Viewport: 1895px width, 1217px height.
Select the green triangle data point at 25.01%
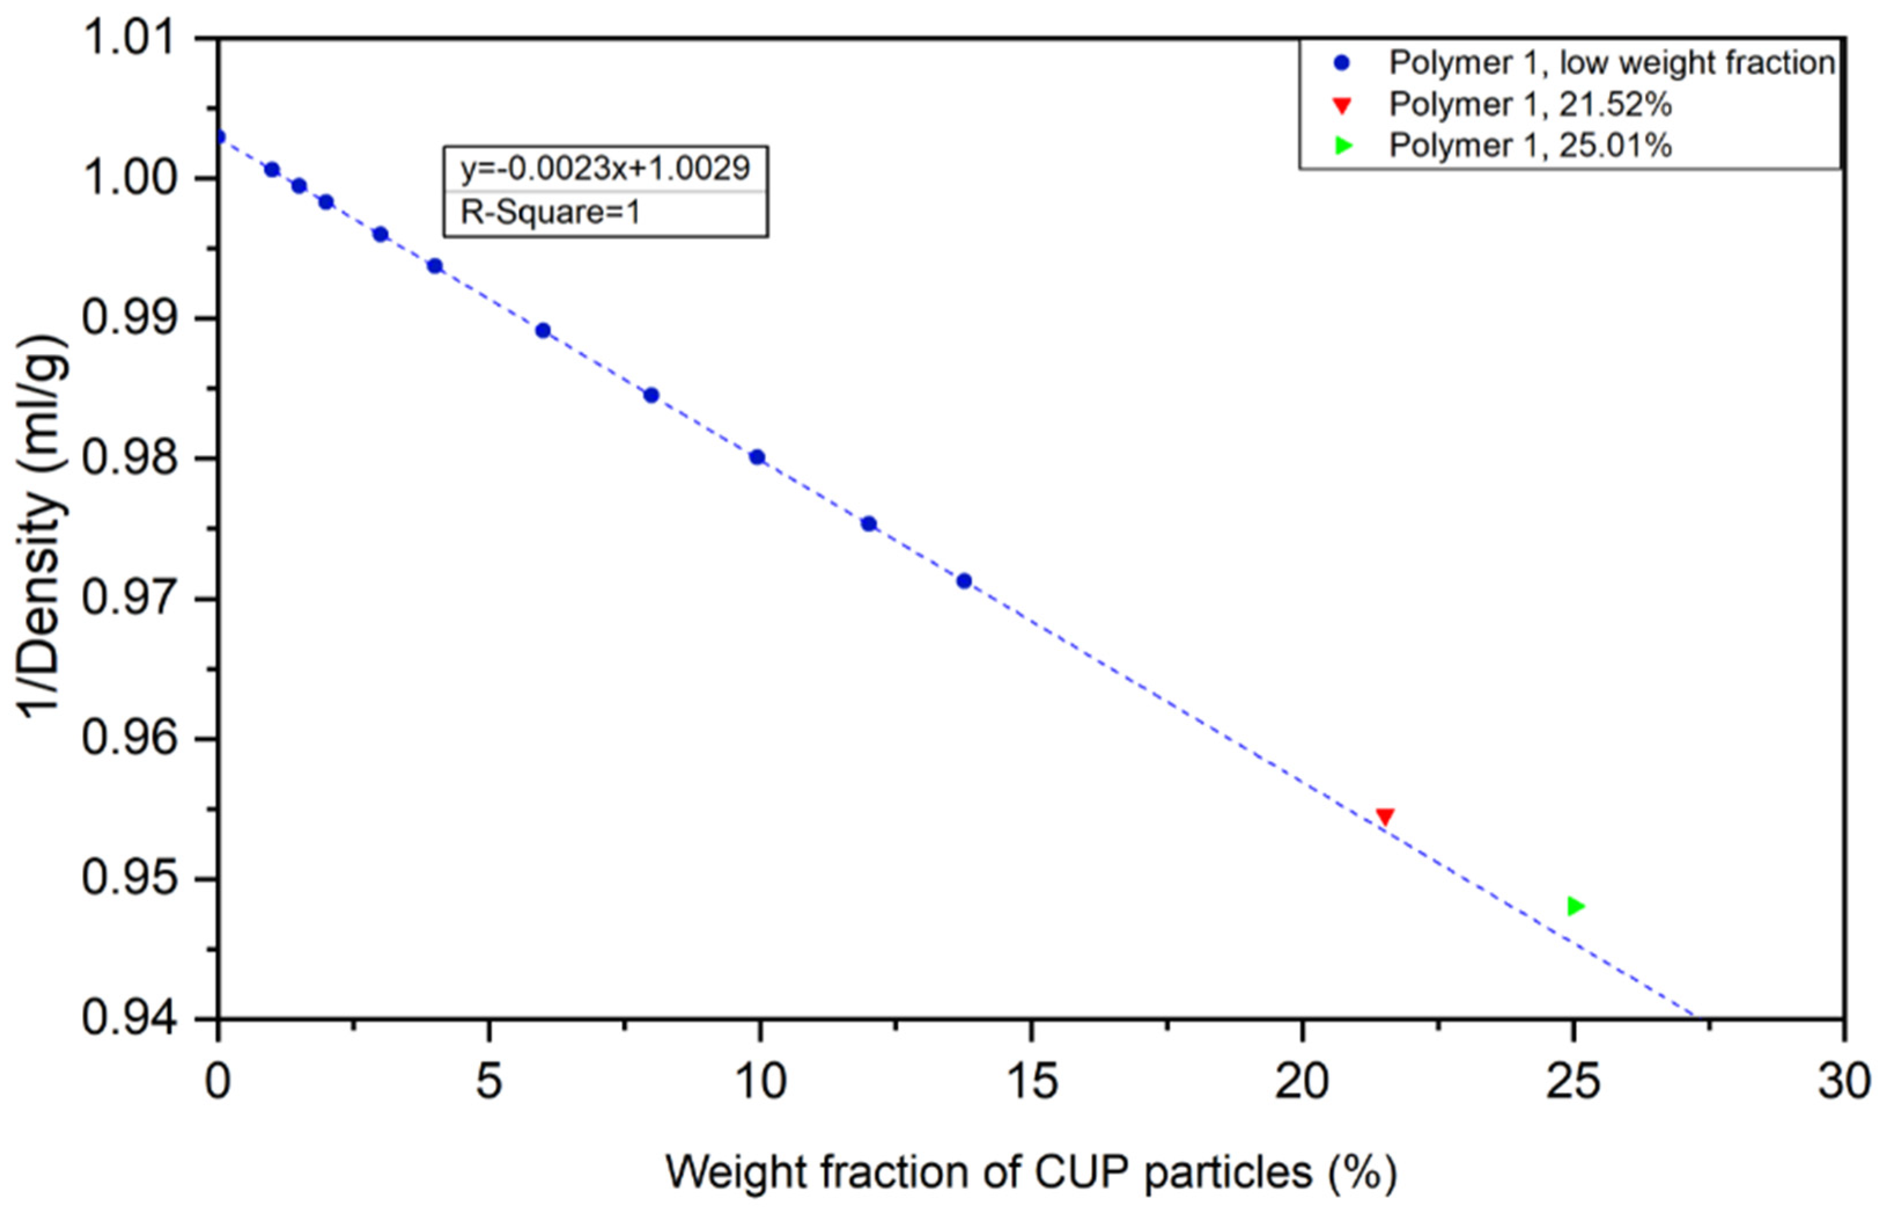[1575, 906]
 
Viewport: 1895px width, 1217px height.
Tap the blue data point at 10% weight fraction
[757, 457]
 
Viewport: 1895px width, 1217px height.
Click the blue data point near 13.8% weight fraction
[964, 581]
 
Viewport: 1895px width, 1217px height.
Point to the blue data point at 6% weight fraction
[543, 330]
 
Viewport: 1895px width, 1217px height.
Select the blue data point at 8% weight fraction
[651, 395]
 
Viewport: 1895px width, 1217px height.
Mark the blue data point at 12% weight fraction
[868, 523]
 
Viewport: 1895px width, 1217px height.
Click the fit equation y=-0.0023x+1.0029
[605, 168]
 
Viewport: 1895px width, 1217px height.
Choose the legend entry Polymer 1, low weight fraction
[1612, 63]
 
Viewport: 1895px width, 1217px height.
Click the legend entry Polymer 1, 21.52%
[1530, 104]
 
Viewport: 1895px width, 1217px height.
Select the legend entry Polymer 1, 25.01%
[1530, 145]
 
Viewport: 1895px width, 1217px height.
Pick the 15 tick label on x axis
[1031, 1081]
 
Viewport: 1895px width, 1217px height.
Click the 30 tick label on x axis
[1844, 1081]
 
